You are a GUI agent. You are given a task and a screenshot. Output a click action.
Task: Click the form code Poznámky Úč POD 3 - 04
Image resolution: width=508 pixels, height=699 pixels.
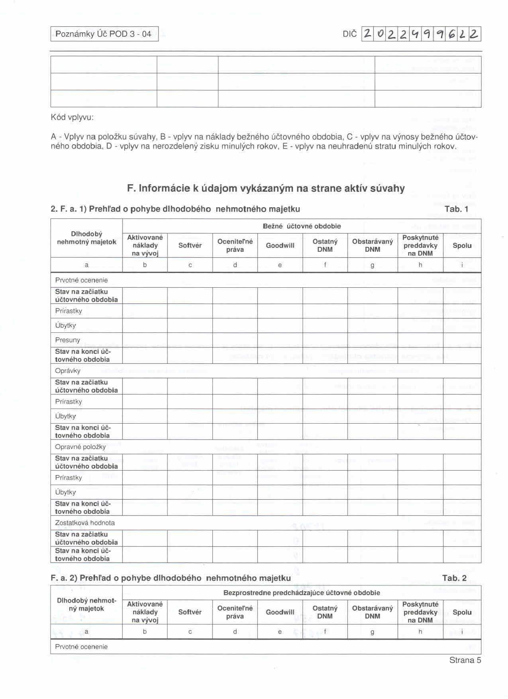[x=104, y=34]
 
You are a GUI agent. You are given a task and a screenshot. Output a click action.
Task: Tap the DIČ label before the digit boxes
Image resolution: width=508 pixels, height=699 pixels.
[x=349, y=34]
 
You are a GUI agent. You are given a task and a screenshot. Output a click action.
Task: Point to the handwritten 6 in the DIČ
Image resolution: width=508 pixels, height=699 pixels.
[x=452, y=34]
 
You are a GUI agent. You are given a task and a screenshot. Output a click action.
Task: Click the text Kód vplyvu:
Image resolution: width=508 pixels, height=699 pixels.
[x=72, y=118]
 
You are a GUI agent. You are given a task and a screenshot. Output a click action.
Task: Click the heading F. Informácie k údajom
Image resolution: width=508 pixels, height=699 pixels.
[x=266, y=188]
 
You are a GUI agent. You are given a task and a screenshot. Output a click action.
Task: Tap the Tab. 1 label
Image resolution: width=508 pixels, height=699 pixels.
[x=456, y=209]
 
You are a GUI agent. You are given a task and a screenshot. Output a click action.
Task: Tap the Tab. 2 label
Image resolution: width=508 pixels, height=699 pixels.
[x=454, y=578]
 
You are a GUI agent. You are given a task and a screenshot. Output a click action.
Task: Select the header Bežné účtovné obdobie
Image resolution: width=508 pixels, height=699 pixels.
[x=302, y=226]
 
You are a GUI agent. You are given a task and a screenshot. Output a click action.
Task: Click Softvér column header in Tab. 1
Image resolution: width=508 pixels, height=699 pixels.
[x=190, y=245]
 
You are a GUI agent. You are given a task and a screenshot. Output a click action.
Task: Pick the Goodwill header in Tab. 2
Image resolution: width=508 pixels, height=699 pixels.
[x=280, y=612]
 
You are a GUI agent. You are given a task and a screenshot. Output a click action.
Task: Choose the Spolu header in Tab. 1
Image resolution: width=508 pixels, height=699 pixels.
[x=462, y=245]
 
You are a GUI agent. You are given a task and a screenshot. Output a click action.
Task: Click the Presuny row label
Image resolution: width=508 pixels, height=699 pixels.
[x=68, y=340]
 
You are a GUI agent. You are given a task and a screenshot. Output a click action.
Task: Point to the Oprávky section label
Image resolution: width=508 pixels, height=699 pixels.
[x=68, y=371]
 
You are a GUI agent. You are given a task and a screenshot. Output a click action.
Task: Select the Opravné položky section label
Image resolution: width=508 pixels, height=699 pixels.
[x=80, y=447]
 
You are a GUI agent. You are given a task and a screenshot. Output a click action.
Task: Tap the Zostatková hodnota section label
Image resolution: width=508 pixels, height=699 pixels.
[x=84, y=523]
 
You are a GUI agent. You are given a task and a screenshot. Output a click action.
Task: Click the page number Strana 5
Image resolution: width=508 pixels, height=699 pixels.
[x=465, y=660]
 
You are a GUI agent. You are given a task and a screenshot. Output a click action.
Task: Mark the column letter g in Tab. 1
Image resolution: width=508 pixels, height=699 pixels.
[x=372, y=265]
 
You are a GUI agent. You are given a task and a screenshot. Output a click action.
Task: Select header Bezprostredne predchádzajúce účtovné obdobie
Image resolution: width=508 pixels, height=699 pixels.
[x=302, y=593]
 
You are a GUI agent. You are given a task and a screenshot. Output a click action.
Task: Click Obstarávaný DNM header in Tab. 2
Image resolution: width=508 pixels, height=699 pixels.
[x=372, y=612]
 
